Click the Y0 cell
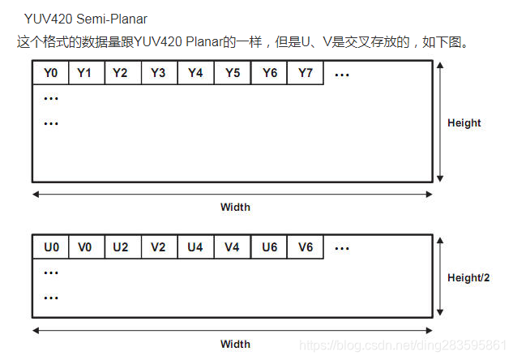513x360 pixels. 50,73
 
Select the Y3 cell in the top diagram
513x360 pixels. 158,73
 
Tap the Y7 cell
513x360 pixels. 305,73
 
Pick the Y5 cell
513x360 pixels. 233,73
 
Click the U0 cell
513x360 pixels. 50,246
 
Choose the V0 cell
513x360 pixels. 85,246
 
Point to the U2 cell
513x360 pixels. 122,246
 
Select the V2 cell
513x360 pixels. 158,246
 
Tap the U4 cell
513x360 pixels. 195,246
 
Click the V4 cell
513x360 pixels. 233,246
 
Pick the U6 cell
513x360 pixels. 269,246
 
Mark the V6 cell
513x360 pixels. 305,246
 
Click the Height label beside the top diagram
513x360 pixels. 464,123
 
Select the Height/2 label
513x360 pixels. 468,278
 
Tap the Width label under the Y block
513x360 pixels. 235,207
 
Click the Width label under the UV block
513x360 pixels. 235,344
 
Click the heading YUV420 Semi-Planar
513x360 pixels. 85,18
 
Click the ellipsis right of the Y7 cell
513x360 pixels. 341,74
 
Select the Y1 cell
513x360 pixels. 85,73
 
